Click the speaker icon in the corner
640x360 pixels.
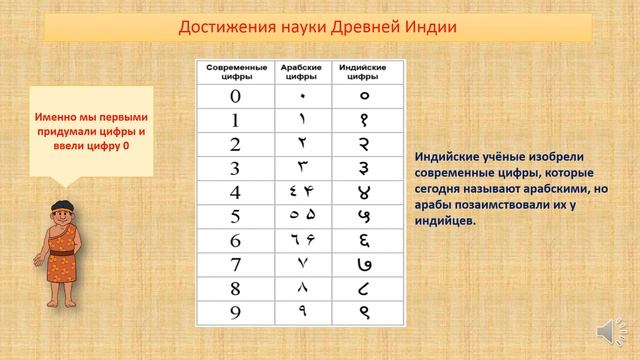606,332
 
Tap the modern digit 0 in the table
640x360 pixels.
235,97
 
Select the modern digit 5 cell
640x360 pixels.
235,216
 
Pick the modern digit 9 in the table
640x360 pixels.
235,312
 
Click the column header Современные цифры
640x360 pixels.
235,72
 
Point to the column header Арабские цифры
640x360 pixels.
302,72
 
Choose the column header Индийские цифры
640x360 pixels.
364,72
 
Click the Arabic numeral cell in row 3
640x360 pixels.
302,169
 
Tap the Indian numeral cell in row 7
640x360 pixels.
364,265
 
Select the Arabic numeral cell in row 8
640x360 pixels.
302,288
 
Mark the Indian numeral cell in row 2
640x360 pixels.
364,145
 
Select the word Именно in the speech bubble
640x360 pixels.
46,115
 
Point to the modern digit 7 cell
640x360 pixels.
235,265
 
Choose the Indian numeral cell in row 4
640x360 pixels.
364,192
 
